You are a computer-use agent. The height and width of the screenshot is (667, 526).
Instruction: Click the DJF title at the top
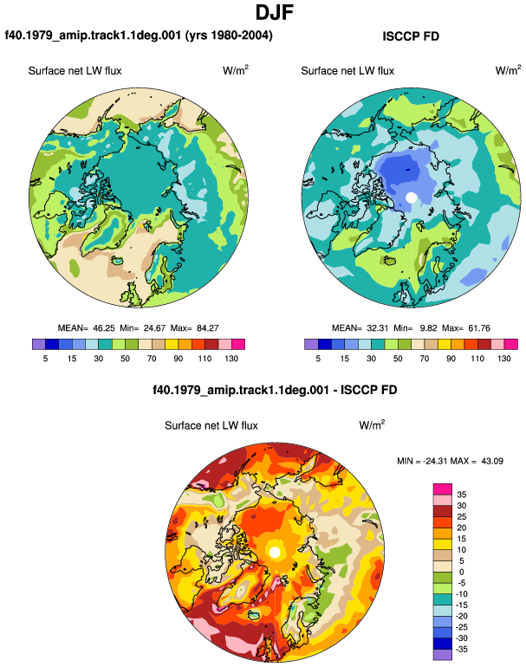275,12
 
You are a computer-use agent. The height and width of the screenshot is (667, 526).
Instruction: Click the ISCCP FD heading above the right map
411,36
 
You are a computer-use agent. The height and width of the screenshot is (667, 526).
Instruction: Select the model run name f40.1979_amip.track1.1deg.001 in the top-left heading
93,35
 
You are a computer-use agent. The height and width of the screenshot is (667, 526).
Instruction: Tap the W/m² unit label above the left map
236,70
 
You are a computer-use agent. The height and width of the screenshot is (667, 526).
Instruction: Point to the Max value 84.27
208,328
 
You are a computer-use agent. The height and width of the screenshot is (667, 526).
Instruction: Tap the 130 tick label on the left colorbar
231,359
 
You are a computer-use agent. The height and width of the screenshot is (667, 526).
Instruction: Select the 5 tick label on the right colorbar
318,359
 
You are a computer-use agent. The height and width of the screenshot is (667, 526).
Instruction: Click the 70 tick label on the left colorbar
152,359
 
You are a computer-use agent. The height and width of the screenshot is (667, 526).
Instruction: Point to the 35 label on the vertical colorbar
462,495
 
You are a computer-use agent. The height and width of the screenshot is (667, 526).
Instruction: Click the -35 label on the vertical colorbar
461,649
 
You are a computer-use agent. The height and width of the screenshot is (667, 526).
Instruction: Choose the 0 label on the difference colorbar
462,572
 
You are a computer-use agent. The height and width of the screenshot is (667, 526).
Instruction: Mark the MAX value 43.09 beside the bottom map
492,461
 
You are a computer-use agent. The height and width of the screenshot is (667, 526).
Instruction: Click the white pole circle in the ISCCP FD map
411,198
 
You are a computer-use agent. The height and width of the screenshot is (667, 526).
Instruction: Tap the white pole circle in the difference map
275,552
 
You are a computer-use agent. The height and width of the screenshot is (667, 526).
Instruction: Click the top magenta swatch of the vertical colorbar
443,489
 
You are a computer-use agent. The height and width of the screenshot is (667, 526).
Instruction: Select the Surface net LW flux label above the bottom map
211,425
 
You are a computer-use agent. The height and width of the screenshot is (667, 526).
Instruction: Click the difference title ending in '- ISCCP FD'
275,390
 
